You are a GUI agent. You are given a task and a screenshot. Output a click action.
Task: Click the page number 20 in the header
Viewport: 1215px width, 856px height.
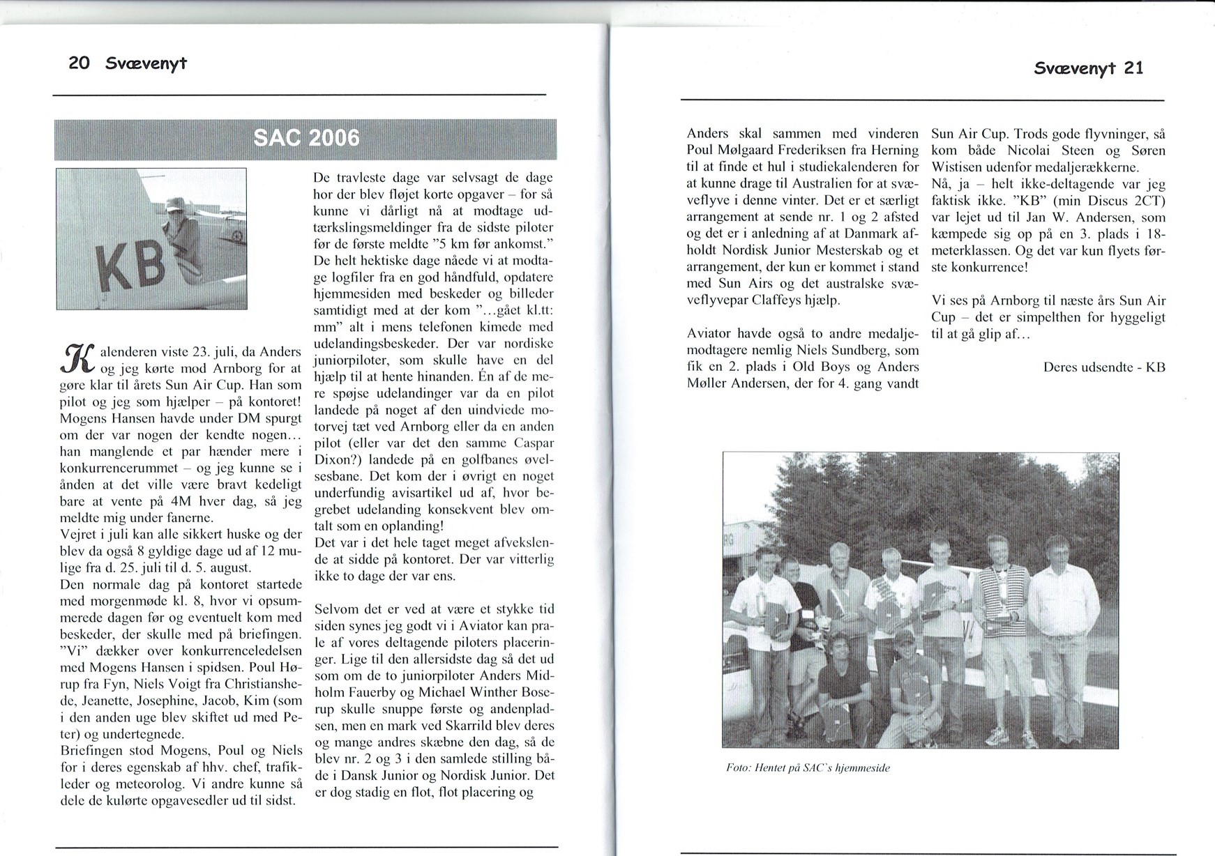click(79, 63)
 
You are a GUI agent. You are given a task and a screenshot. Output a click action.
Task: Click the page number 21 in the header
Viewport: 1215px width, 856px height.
click(1133, 68)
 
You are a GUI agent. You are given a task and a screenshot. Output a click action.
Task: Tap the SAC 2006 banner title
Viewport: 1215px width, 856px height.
click(306, 138)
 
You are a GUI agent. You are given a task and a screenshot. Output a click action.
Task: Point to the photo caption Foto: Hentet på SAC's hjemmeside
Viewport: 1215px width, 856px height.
click(808, 768)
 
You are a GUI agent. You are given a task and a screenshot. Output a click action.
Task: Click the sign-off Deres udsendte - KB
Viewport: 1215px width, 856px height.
click(1104, 367)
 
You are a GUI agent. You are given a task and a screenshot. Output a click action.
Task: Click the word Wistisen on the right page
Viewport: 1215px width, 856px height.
click(962, 167)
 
